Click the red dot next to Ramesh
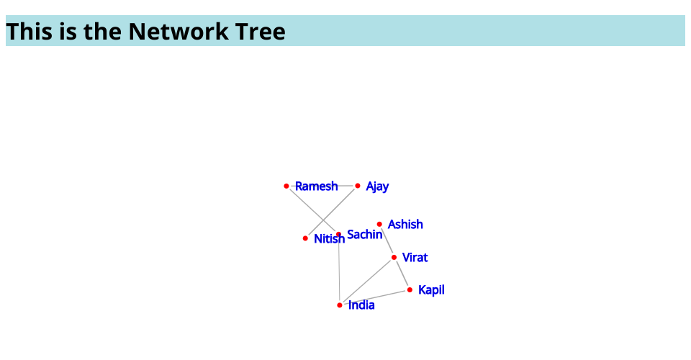point(286,186)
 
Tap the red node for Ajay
point(358,186)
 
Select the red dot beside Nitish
point(305,238)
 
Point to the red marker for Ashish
point(379,225)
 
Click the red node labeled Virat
point(394,257)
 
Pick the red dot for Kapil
point(410,290)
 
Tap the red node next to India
point(340,305)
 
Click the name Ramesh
point(317,186)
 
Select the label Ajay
point(377,186)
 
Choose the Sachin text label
point(364,235)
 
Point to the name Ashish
point(405,225)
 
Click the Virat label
point(415,257)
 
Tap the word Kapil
point(431,290)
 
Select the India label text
point(361,305)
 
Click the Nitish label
point(329,239)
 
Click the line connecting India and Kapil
point(374,297)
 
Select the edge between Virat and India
point(366,281)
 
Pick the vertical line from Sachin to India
point(339,270)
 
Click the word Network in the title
point(179,31)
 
